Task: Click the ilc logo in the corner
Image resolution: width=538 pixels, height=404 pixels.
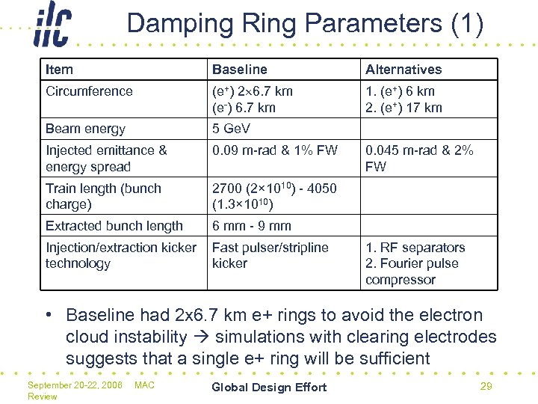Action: pyautogui.click(x=53, y=25)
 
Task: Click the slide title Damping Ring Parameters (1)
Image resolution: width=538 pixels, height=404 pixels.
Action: pyautogui.click(x=305, y=23)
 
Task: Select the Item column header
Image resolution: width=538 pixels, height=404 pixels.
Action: pyautogui.click(x=59, y=70)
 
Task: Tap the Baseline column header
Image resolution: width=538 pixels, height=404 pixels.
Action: pyautogui.click(x=239, y=70)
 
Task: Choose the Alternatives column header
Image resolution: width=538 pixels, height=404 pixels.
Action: pyautogui.click(x=403, y=70)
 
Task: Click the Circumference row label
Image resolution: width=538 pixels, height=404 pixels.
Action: pyautogui.click(x=89, y=91)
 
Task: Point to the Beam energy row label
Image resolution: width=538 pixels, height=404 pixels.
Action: pyautogui.click(x=85, y=129)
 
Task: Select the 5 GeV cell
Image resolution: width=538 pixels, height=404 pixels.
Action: pyautogui.click(x=231, y=129)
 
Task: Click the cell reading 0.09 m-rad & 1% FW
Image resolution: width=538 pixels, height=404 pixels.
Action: pyautogui.click(x=275, y=150)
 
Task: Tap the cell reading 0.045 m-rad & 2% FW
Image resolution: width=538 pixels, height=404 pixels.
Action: pyautogui.click(x=419, y=158)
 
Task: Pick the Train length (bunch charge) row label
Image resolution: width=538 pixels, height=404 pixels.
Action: pyautogui.click(x=103, y=196)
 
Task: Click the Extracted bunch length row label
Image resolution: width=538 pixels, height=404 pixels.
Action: pyautogui.click(x=114, y=226)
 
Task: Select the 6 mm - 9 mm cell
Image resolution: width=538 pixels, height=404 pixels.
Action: pyautogui.click(x=252, y=226)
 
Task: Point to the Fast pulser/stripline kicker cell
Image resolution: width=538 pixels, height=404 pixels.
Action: pyautogui.click(x=270, y=255)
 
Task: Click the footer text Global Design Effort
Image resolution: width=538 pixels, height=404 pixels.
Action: pyautogui.click(x=269, y=387)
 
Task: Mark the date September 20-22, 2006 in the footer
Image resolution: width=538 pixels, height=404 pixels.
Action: pyautogui.click(x=75, y=385)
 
